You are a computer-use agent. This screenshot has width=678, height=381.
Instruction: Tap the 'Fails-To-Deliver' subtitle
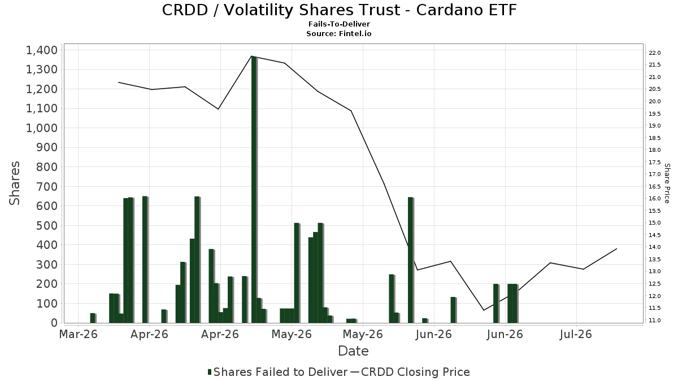click(339, 24)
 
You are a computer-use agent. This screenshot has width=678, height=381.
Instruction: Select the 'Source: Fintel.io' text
click(338, 33)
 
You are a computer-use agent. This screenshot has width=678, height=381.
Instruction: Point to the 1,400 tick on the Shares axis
click(42, 50)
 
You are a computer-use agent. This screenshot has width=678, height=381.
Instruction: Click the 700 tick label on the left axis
click(47, 187)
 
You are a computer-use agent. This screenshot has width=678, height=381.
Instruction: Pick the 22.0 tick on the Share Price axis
click(655, 53)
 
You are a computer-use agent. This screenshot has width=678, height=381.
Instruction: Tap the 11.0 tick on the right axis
click(655, 320)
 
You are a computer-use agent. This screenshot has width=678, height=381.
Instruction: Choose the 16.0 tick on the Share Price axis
click(655, 199)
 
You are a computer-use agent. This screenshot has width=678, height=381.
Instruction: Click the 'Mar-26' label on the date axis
click(79, 334)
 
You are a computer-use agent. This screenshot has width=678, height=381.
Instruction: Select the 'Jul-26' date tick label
click(576, 334)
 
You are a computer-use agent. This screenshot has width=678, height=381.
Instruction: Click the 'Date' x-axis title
click(353, 351)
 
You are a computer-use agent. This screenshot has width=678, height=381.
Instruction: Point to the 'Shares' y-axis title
click(15, 183)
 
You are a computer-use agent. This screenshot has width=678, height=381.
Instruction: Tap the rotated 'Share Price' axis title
click(667, 183)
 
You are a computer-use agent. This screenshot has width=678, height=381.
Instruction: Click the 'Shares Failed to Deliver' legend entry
click(277, 372)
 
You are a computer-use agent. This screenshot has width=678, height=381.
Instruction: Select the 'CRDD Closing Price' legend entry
click(410, 372)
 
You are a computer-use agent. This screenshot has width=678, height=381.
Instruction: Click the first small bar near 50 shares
click(93, 318)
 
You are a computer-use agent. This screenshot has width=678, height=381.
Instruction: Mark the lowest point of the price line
click(484, 310)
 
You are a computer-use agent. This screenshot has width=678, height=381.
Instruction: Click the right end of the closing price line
click(616, 249)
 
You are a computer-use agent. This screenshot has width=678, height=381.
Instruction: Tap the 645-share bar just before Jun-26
click(410, 260)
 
